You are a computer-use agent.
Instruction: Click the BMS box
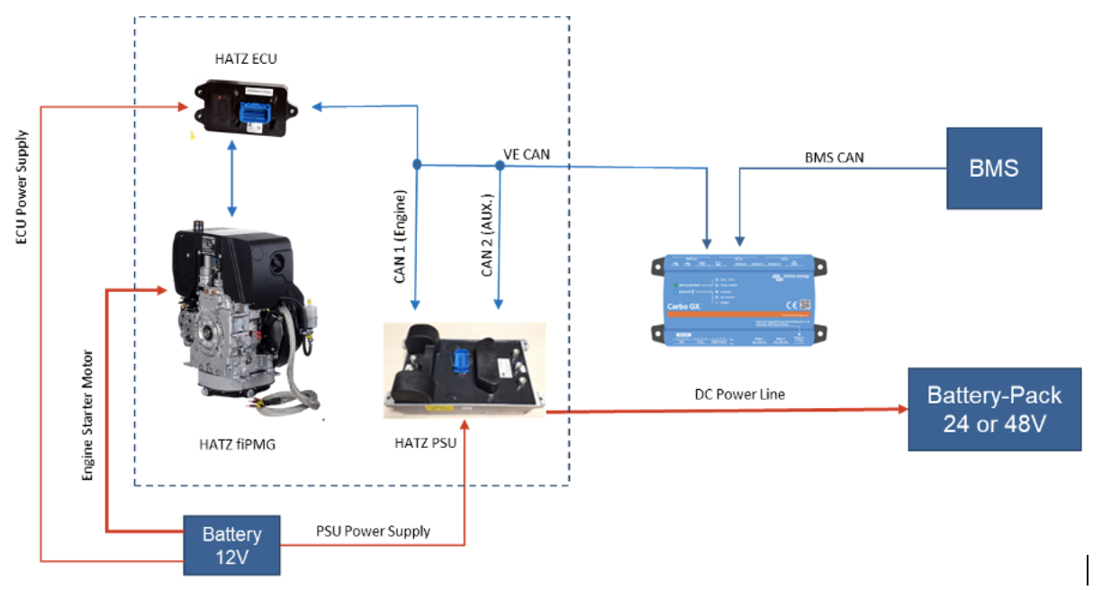994,168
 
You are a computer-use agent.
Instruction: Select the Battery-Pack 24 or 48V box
994,410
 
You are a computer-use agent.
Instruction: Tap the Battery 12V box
231,545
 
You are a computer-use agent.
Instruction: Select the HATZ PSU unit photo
464,369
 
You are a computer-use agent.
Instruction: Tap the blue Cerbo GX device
738,298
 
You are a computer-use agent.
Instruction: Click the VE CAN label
527,155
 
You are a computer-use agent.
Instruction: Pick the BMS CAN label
834,157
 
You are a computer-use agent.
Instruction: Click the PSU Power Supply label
373,531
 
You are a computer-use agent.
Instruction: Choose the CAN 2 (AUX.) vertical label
487,234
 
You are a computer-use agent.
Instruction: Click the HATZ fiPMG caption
236,442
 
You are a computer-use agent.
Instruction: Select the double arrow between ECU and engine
232,179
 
